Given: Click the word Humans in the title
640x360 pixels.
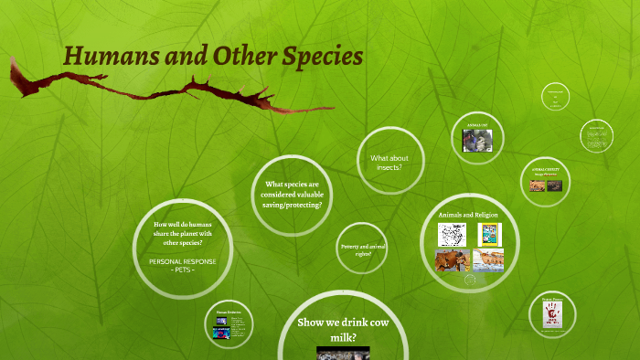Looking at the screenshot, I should click(103, 57).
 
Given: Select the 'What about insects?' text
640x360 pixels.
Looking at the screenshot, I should click(389, 163).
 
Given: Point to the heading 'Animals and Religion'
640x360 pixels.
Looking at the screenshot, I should click(467, 214).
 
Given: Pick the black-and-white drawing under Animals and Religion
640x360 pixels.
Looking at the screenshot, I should click(452, 235).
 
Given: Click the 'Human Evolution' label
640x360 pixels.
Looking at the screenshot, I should click(227, 312).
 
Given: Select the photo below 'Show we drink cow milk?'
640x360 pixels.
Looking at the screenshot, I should click(339, 353).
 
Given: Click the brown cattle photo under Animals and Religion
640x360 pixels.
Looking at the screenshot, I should click(452, 260).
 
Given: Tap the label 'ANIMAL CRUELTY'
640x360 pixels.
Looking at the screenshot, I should click(545, 170).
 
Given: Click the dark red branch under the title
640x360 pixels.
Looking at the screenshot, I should click(174, 91).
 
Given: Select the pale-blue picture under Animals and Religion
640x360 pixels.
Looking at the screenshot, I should click(488, 259).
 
